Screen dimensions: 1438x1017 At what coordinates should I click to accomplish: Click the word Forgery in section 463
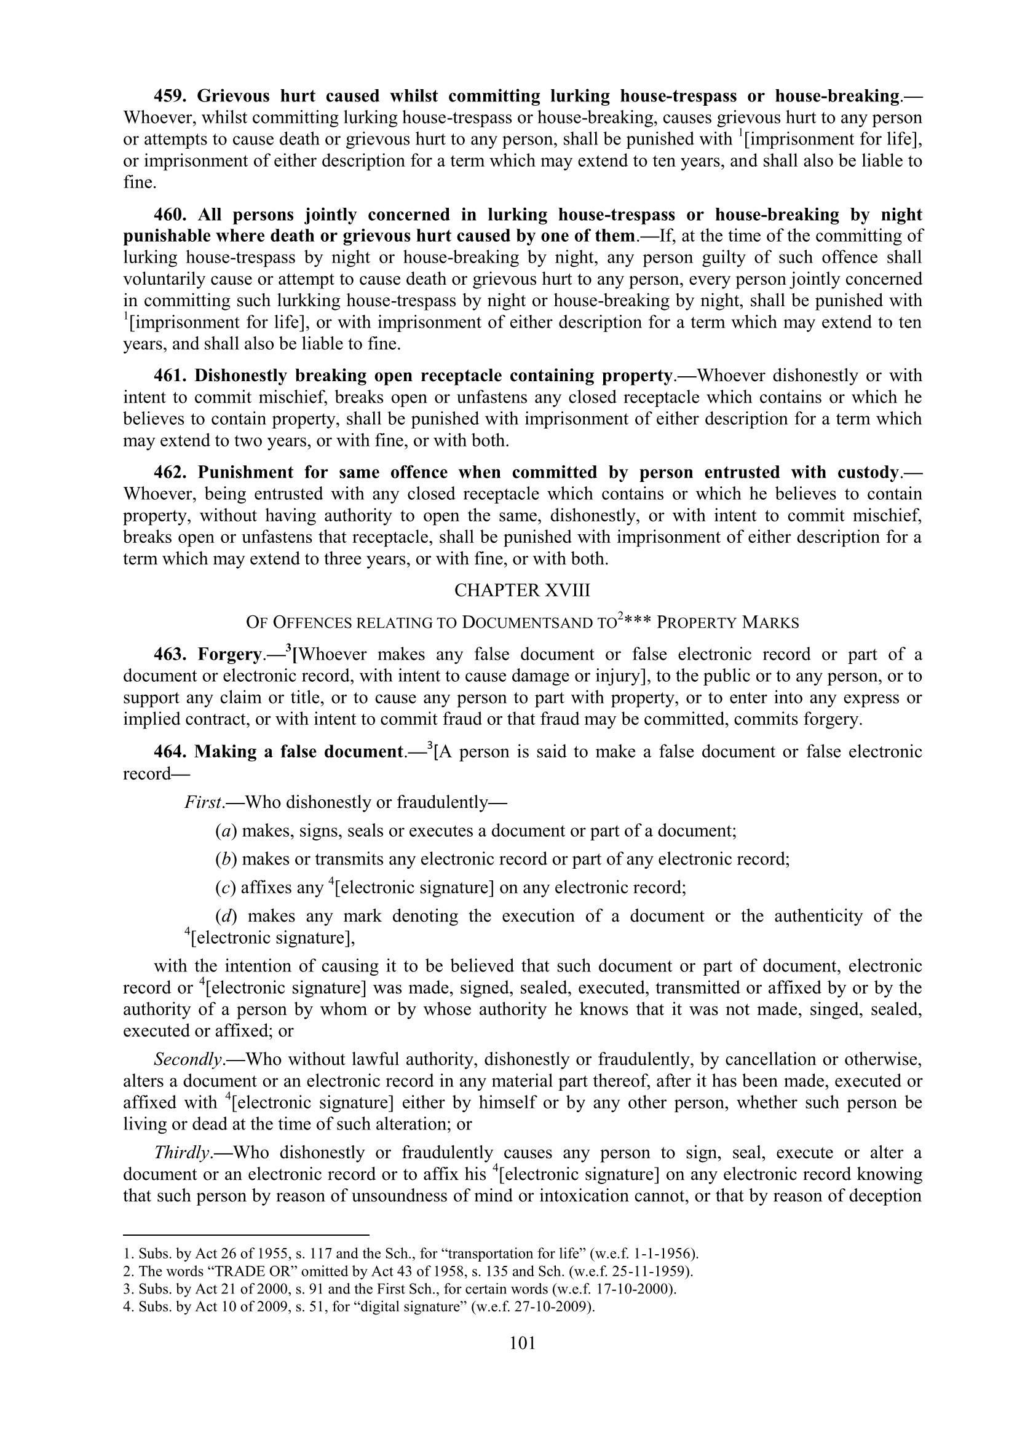(229, 655)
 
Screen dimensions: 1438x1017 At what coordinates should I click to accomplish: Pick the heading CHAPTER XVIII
(522, 590)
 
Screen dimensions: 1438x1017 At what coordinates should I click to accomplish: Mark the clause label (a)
(226, 831)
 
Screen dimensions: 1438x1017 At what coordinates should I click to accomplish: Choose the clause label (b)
(226, 859)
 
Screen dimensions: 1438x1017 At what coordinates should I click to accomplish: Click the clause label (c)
(226, 888)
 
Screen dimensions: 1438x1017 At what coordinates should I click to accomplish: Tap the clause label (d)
(226, 916)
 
